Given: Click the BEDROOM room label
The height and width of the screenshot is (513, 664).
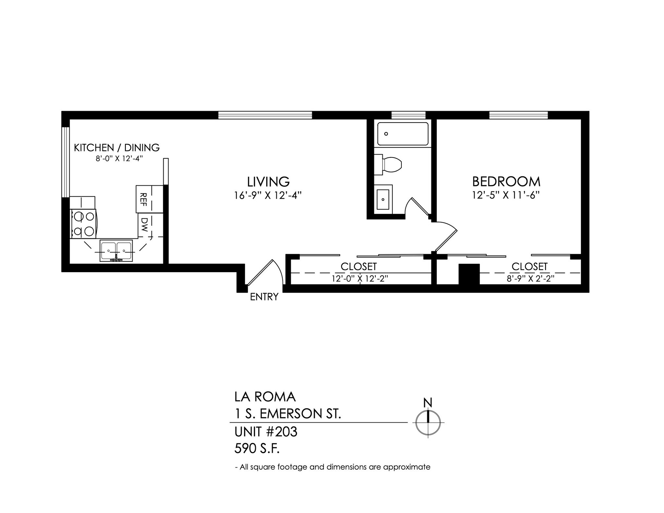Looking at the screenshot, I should click(506, 181).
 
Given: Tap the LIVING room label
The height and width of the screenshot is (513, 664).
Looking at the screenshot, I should click(268, 181).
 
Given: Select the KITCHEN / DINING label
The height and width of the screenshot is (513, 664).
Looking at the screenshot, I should click(117, 147).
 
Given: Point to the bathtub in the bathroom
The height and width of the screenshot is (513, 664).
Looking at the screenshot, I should click(403, 134).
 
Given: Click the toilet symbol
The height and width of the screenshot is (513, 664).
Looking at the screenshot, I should click(388, 165).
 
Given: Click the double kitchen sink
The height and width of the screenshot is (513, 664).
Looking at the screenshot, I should click(116, 251).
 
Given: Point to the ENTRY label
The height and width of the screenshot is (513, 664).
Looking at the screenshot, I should click(264, 297).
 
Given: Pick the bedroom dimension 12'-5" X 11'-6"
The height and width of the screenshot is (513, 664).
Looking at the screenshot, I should click(506, 195).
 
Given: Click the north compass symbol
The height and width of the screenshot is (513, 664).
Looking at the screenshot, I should click(428, 422).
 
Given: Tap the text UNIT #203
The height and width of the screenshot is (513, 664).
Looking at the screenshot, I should click(266, 432).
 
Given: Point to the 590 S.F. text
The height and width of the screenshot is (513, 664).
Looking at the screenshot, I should click(257, 449).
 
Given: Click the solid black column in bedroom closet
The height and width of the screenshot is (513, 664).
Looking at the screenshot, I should click(469, 274).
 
